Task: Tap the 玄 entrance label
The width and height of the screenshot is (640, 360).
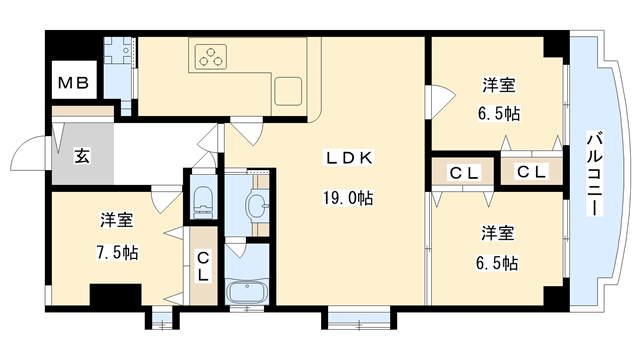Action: pos(81,156)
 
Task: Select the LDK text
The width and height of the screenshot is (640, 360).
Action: pos(348,158)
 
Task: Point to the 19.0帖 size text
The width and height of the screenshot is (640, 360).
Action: pos(348,199)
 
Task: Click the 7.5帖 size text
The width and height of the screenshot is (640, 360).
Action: pos(117,252)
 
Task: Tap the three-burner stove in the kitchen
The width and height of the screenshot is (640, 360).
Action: pos(212,58)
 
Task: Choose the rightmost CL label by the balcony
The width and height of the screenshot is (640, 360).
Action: pos(531,171)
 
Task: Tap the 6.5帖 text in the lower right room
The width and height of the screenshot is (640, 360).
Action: pos(497,262)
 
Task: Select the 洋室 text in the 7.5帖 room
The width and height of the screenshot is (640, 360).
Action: pos(117,219)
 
